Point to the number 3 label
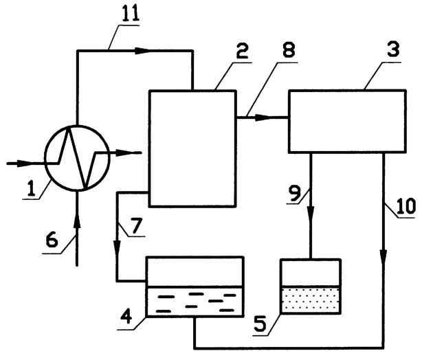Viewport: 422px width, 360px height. click(x=393, y=49)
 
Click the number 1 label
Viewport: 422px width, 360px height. click(x=32, y=188)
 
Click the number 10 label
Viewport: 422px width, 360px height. click(x=406, y=206)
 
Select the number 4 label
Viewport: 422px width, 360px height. click(x=125, y=315)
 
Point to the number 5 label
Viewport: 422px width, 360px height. click(x=260, y=324)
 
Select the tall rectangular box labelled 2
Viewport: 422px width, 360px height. click(x=192, y=149)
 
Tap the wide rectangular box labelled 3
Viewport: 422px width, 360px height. click(x=347, y=121)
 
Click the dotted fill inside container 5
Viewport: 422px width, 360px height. click(x=311, y=300)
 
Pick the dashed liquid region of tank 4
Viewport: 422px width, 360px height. click(x=195, y=302)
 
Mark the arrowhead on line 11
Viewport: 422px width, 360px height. click(x=142, y=51)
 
